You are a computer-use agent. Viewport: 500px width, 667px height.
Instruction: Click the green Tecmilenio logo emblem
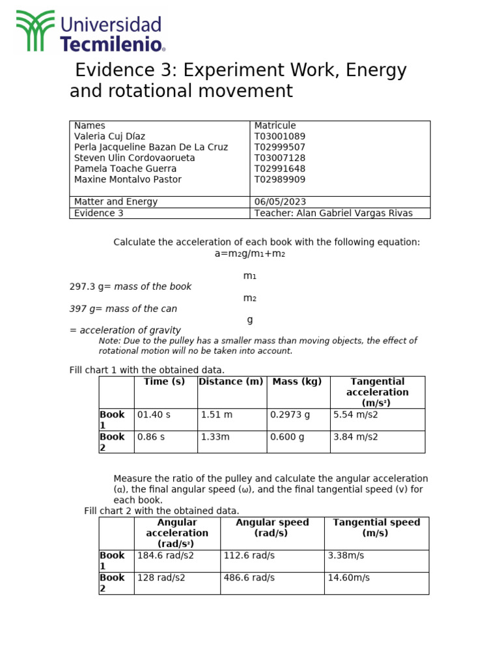35,31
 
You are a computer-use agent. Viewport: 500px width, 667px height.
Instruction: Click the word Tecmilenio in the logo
111,44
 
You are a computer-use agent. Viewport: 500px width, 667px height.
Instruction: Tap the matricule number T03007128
279,158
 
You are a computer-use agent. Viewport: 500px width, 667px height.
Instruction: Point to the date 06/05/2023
280,202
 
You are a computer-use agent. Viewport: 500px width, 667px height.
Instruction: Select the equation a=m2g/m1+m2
250,253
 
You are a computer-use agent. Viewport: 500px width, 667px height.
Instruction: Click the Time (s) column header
164,382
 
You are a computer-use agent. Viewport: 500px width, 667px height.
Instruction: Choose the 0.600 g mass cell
287,437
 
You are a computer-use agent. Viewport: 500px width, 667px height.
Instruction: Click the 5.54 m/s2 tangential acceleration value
355,414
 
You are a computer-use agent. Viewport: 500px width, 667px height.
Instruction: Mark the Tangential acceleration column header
377,392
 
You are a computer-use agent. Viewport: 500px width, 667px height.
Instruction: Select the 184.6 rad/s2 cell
161,556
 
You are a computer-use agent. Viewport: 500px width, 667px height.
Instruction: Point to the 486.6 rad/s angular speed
249,578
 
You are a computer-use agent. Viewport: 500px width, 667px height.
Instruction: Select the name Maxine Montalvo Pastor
128,180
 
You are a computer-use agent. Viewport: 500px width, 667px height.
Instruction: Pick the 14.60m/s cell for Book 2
348,578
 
